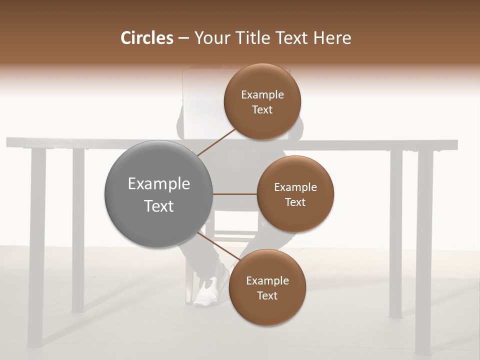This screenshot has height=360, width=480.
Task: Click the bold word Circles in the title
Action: (x=146, y=38)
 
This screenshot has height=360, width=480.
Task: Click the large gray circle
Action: (x=158, y=194)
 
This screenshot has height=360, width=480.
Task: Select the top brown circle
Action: (x=262, y=101)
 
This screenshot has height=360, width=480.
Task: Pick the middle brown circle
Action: (x=295, y=194)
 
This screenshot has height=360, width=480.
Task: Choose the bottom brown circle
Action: (x=267, y=287)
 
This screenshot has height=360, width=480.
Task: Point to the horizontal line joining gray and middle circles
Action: (x=234, y=194)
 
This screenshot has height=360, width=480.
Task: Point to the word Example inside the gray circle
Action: (x=158, y=183)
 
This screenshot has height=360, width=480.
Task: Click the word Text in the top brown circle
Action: (x=262, y=109)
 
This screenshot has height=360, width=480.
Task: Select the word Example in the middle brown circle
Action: (x=295, y=187)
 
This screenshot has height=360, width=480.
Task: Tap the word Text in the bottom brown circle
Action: (x=267, y=295)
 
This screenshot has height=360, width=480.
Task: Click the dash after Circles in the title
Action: (x=183, y=38)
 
